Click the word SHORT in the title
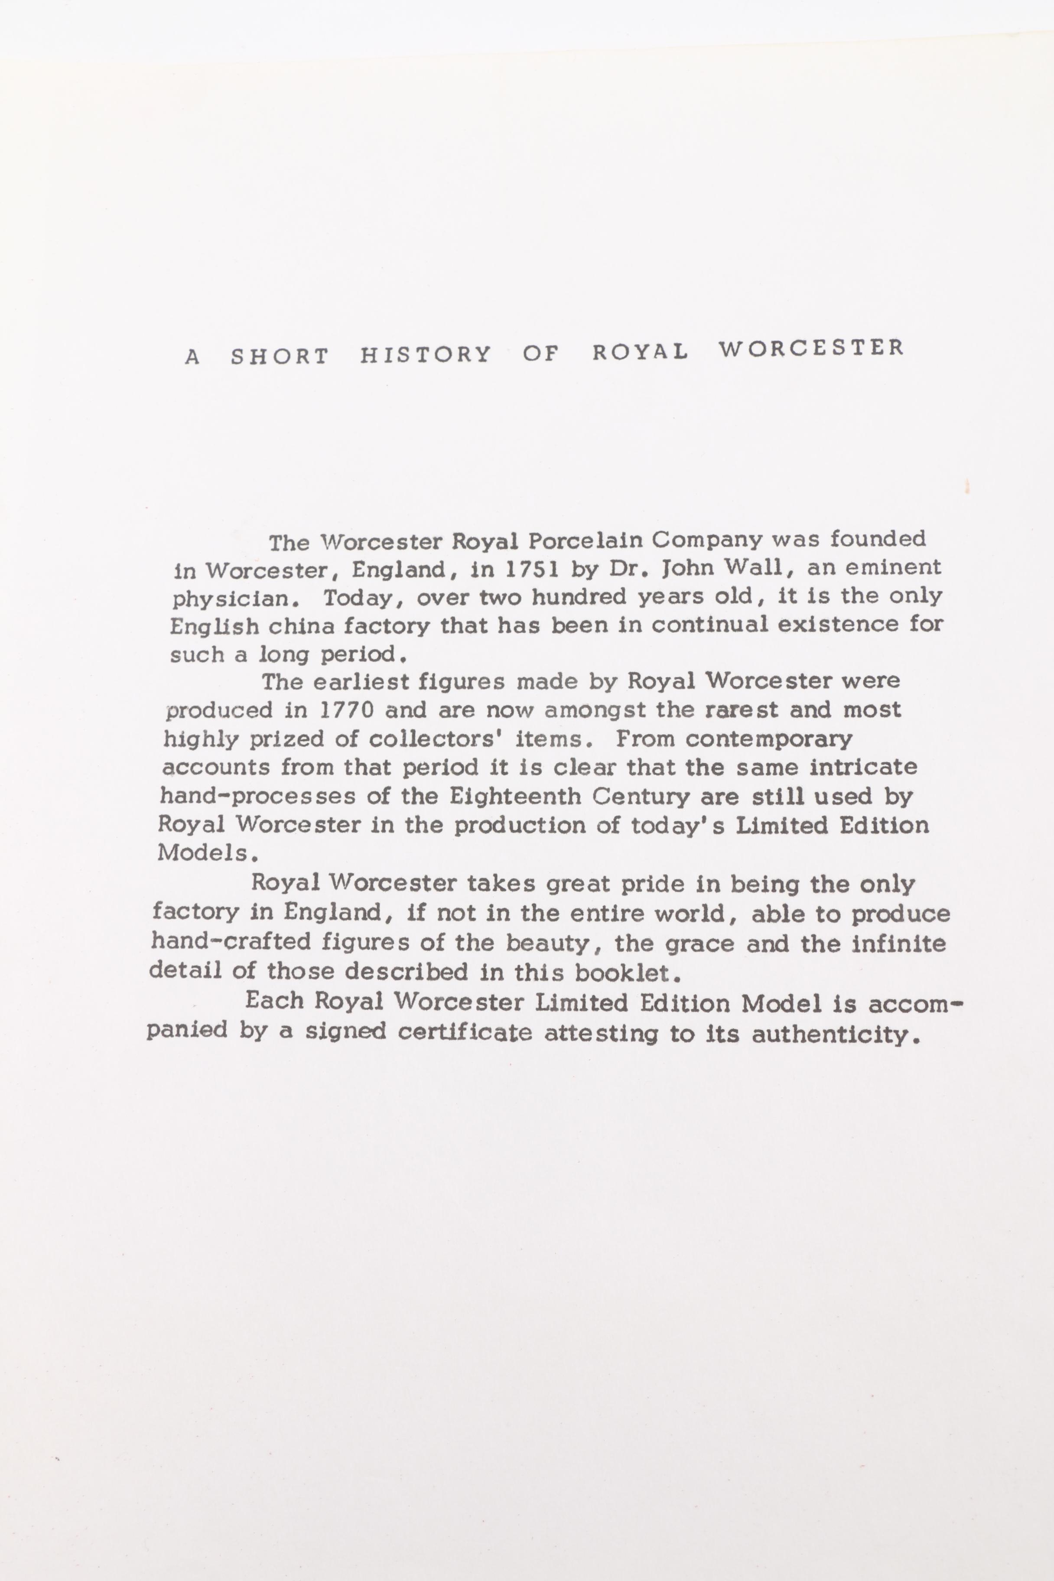click(280, 356)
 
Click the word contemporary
click(768, 739)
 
